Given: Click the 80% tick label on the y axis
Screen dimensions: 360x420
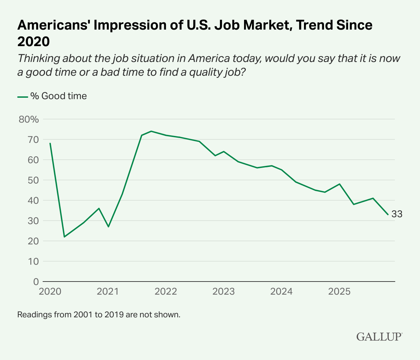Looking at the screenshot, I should click(x=29, y=119).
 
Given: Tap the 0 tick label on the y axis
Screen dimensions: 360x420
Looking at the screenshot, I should click(x=36, y=282).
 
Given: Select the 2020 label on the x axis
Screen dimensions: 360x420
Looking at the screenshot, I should click(x=50, y=292).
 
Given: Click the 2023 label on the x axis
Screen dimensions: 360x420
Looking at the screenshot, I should click(x=224, y=292).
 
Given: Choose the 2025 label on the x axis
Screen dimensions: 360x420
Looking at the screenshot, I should click(x=339, y=292).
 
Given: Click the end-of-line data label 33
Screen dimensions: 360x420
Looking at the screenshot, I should click(x=397, y=214).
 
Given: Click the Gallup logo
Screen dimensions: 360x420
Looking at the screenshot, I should click(x=379, y=336).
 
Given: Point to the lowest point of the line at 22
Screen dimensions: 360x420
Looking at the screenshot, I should click(x=64, y=237).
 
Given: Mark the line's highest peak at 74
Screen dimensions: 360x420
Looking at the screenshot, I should click(x=151, y=131).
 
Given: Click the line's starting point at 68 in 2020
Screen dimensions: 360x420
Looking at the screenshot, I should click(x=50, y=144).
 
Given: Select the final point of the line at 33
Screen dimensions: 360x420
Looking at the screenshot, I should click(x=388, y=214).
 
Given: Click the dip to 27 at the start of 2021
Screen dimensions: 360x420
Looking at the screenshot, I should click(x=108, y=227).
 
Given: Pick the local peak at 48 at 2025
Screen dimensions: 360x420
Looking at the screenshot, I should click(x=340, y=184).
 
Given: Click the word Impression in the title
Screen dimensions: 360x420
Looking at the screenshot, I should click(x=119, y=25).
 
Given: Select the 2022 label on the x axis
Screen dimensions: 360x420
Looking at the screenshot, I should click(x=166, y=292).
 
